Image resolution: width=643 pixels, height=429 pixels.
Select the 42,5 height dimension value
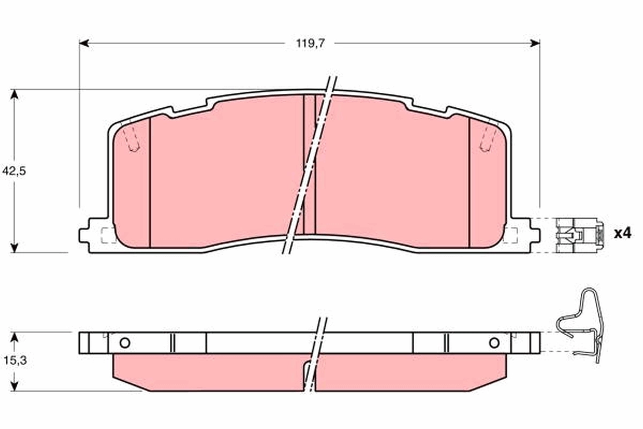(29, 171)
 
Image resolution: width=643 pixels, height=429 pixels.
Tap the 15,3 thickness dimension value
(29, 361)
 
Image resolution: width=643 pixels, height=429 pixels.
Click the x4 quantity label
(623, 233)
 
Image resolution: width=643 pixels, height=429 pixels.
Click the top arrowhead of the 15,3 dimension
(15, 336)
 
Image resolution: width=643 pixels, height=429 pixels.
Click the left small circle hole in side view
(125, 343)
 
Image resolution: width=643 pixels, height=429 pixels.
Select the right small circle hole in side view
(494, 343)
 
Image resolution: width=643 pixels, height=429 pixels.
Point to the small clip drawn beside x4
(579, 235)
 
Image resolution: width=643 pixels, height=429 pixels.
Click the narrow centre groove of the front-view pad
(309, 166)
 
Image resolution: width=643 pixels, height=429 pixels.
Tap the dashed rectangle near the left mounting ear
(108, 235)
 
